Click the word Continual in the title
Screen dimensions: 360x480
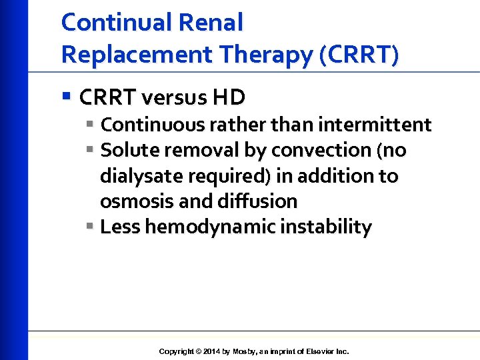117,23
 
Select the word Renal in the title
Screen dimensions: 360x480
211,23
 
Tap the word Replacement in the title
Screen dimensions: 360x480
131,55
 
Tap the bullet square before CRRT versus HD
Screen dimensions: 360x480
66,97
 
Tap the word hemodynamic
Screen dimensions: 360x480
210,227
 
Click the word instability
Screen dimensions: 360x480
326,227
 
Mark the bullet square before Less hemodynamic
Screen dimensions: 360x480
91,227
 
